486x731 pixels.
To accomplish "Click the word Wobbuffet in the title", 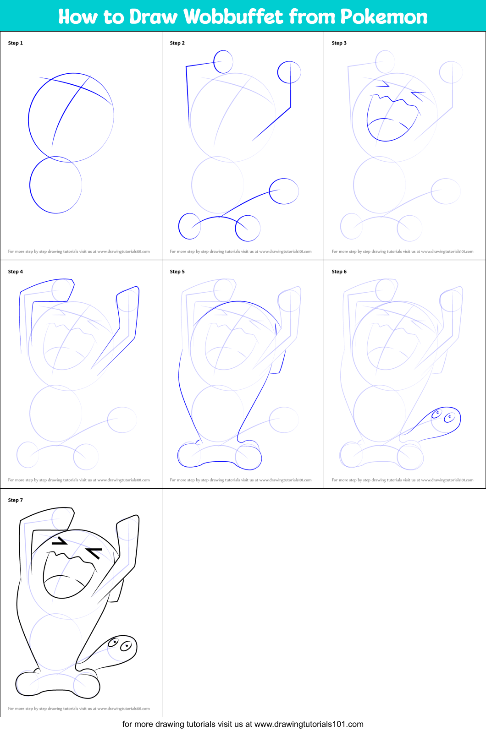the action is click(233, 16).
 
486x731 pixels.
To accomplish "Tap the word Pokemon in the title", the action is click(384, 16).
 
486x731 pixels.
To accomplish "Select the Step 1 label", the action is click(15, 43).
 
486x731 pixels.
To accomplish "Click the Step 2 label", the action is click(177, 43).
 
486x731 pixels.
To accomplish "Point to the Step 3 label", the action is click(339, 43).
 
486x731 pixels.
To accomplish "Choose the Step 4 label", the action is click(15, 272).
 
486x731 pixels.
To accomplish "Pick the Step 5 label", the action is click(177, 272).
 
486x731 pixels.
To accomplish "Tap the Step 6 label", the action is click(339, 272).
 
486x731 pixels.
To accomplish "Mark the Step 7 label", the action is click(15, 500).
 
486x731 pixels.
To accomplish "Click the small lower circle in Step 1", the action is click(30, 185).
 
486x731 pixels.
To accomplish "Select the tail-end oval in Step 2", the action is click(270, 191).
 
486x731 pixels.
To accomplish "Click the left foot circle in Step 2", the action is click(179, 226).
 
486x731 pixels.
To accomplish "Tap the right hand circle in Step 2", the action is click(278, 72).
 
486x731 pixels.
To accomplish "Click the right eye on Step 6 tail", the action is click(450, 417).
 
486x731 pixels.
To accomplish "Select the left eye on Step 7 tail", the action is click(113, 642).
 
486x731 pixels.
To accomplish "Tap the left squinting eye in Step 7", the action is click(60, 541).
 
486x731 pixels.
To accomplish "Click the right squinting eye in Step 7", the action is click(94, 553).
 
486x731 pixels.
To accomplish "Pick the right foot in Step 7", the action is click(87, 685).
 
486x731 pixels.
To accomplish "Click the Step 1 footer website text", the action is click(79, 251).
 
